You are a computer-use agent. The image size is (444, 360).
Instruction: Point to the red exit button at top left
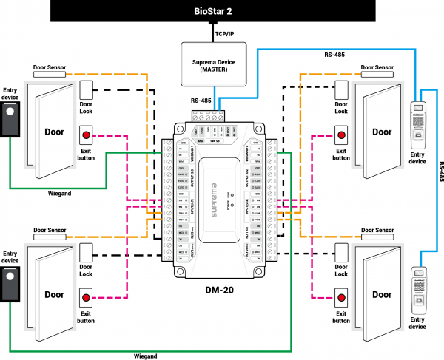pyautogui.click(x=87, y=135)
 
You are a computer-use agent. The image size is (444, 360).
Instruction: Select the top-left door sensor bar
pyautogui.click(x=50, y=75)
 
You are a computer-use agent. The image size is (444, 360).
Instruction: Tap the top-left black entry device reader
pyautogui.click(x=10, y=119)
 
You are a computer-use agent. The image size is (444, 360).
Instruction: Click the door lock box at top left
pyautogui.click(x=87, y=90)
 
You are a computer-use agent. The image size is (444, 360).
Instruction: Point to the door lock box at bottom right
pyautogui.click(x=341, y=255)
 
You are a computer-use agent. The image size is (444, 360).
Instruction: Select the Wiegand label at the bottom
pyautogui.click(x=145, y=356)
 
